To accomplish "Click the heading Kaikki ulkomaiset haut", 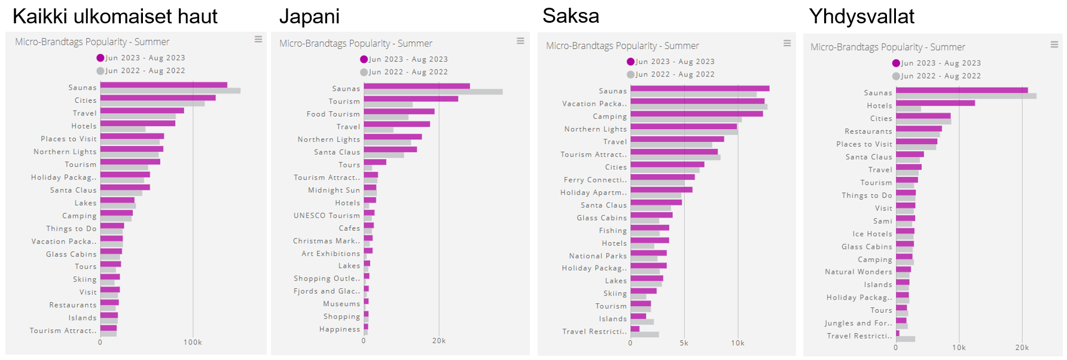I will [115, 16].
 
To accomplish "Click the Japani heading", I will [309, 16].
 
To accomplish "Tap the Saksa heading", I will [571, 16].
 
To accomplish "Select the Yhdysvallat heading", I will [861, 16].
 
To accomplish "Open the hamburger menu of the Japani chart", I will [520, 41].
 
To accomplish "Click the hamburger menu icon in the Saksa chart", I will [787, 43].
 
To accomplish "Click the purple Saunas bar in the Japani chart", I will [416, 86].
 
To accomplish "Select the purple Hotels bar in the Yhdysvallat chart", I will [935, 103].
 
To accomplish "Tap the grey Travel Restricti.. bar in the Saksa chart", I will [644, 334].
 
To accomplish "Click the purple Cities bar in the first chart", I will [158, 97].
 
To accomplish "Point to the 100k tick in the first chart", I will [193, 343].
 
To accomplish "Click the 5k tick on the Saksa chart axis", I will [684, 343].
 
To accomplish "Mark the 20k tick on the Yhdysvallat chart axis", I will [1022, 347].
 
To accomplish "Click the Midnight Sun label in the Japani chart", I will [334, 190].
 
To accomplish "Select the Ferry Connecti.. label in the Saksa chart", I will [595, 180].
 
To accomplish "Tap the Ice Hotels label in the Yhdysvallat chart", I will [872, 234].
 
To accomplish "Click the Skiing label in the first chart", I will [84, 279].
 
